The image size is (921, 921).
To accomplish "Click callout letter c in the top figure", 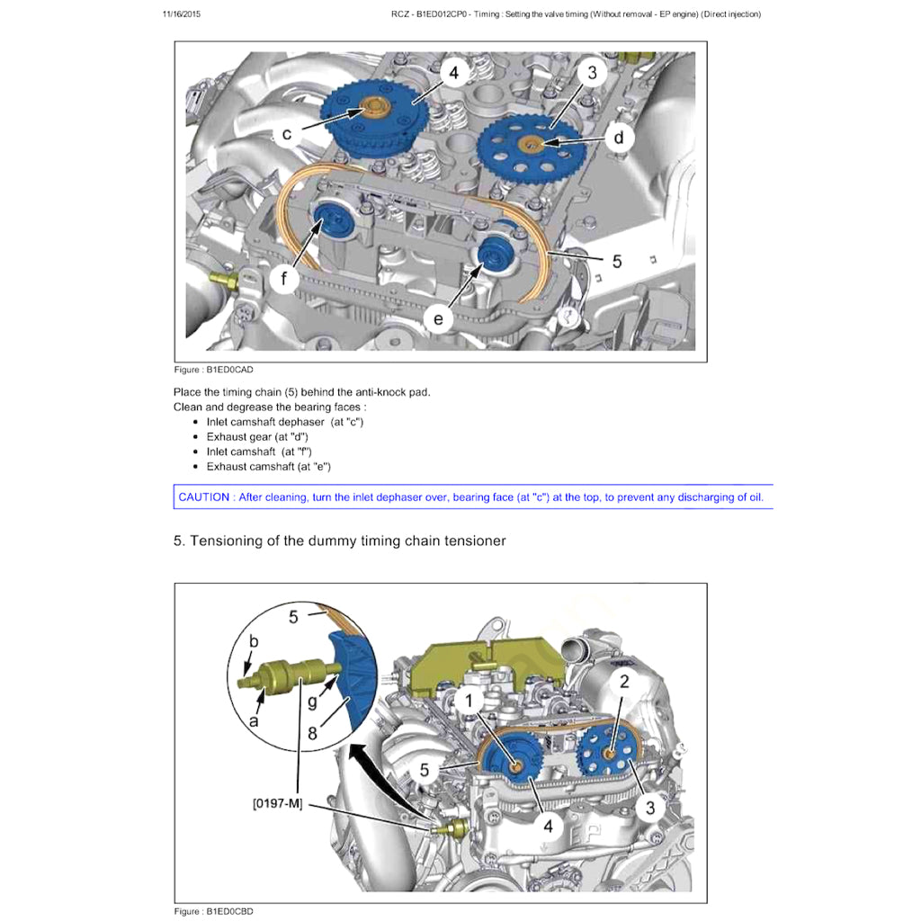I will [x=287, y=135].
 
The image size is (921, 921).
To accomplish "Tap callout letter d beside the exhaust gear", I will [x=619, y=138].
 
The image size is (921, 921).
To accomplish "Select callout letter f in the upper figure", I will [x=284, y=279].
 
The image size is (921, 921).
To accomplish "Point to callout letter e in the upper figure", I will [x=439, y=318].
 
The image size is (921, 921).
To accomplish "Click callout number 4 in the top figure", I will [x=454, y=72].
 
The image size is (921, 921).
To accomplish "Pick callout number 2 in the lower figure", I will [x=624, y=681].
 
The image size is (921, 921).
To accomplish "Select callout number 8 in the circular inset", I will [x=312, y=732].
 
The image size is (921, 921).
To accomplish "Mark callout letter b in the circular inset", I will [x=253, y=640].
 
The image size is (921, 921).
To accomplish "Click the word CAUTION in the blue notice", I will [x=204, y=497].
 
